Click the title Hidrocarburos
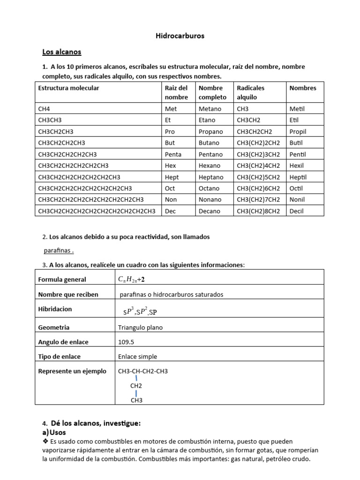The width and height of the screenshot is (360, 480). (180, 36)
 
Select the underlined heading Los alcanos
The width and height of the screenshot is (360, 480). (62, 52)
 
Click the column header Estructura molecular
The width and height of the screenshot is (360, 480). (68, 88)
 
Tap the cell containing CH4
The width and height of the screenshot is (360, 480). (44, 109)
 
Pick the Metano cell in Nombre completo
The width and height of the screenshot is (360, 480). (210, 109)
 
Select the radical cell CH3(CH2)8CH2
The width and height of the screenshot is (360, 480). (258, 211)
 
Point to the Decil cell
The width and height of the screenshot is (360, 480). (297, 211)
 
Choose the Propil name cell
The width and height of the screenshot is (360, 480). (298, 132)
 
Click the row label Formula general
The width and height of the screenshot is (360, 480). (62, 279)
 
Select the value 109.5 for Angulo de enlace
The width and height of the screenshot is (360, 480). (127, 342)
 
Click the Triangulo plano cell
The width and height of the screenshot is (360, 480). (141, 328)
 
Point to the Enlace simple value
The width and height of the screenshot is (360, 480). (138, 357)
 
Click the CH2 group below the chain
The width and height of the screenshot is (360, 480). (136, 386)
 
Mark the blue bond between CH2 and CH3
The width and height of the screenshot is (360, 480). (136, 393)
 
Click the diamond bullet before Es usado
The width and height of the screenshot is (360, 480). (45, 442)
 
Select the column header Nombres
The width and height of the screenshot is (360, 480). (303, 88)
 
